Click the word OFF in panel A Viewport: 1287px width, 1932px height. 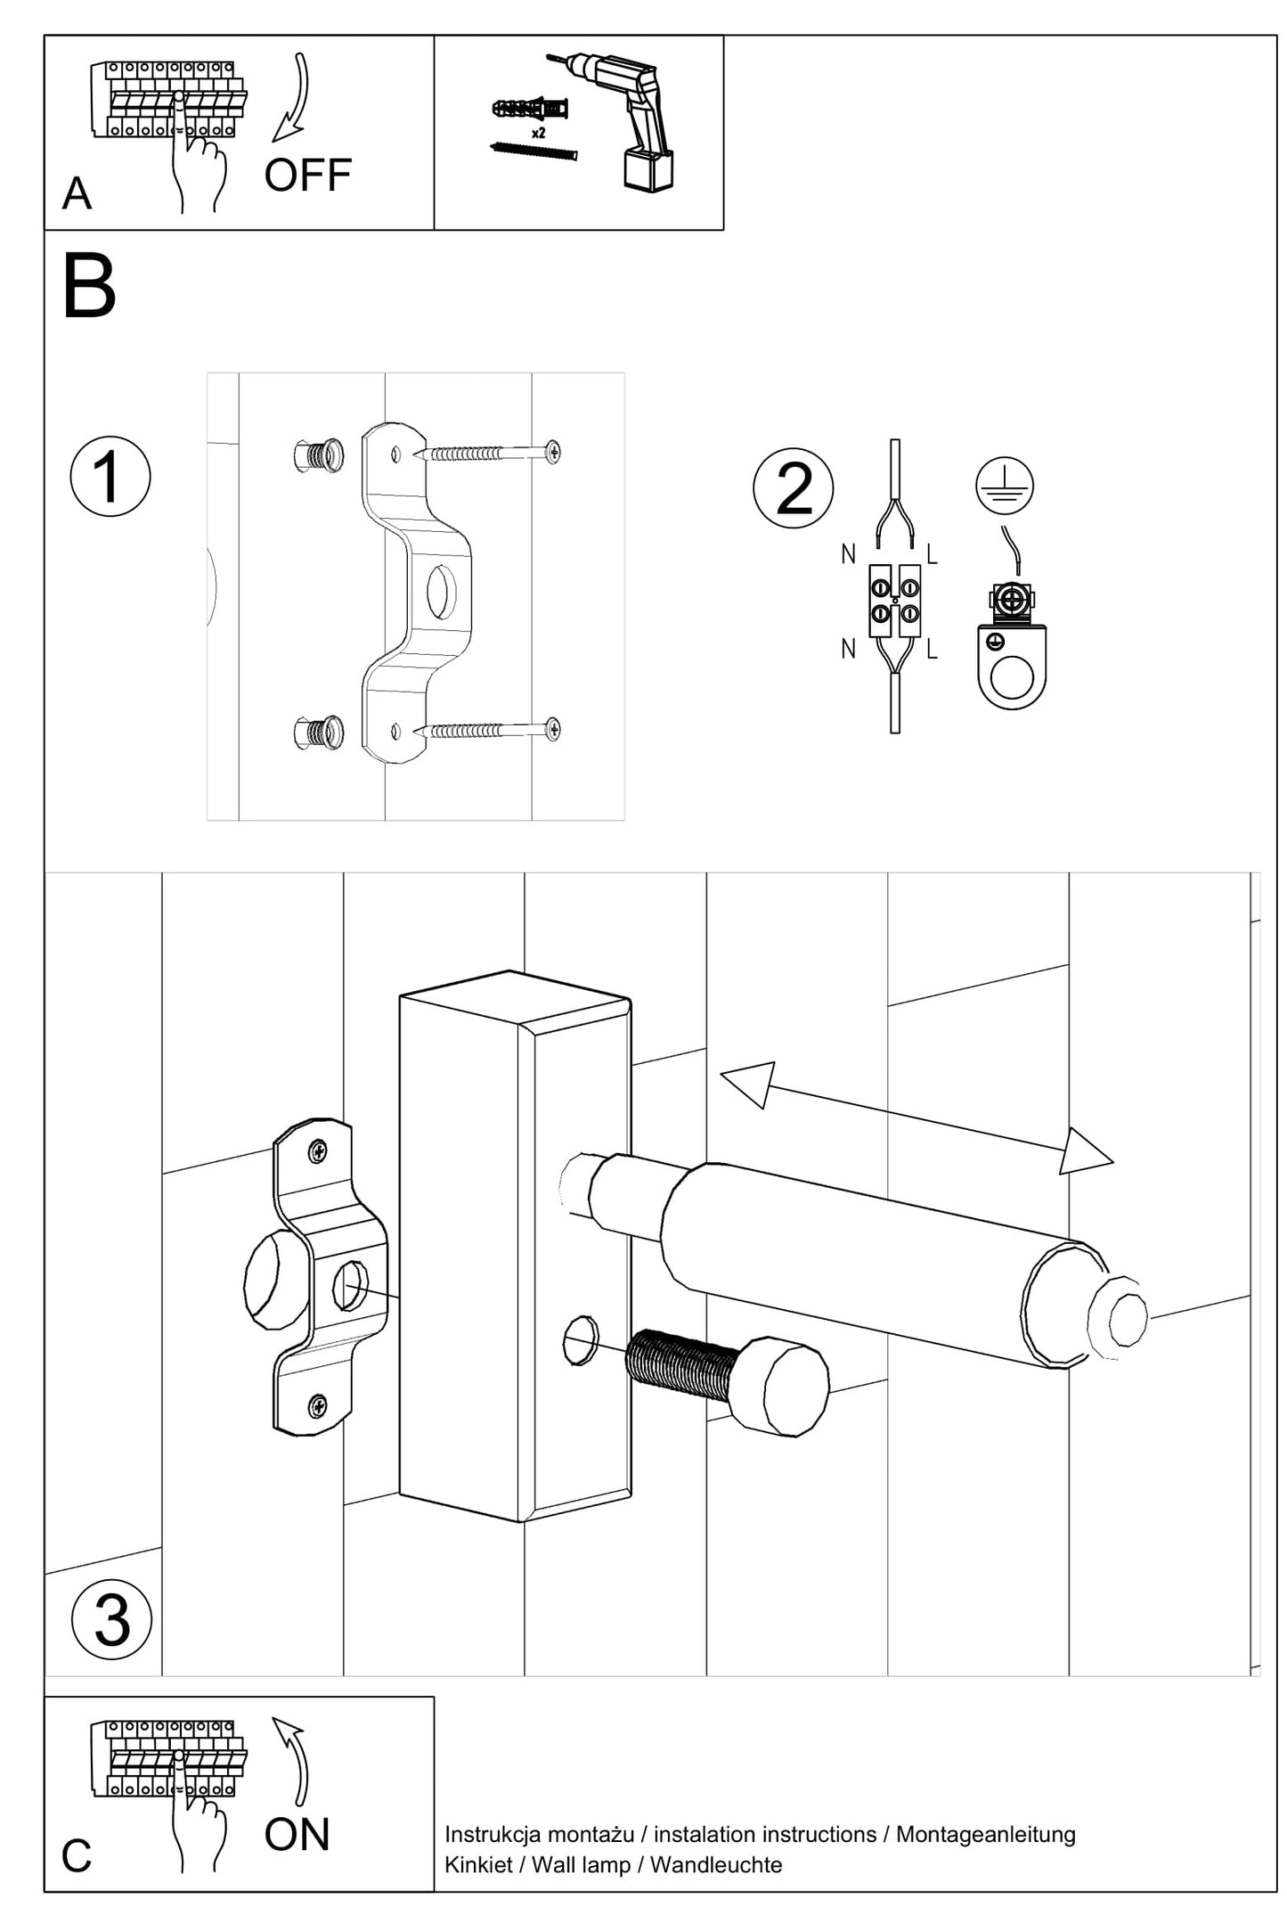(307, 176)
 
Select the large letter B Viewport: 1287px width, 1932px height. (89, 286)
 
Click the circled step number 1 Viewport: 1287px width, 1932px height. (110, 476)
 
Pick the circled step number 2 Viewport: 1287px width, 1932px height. (794, 488)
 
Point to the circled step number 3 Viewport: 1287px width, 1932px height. (111, 1619)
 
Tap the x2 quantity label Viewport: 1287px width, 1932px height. (538, 133)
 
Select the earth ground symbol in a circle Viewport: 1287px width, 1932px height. (1004, 486)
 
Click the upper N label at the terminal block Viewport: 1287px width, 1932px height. (848, 554)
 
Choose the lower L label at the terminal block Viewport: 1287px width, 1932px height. (932, 650)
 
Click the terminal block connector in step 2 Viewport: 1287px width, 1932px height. (895, 601)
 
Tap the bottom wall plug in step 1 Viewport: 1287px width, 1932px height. (320, 733)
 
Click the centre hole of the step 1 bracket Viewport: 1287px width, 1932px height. (441, 592)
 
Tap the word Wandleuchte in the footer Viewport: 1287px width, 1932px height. (716, 1864)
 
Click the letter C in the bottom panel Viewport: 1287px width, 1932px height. (77, 1855)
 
